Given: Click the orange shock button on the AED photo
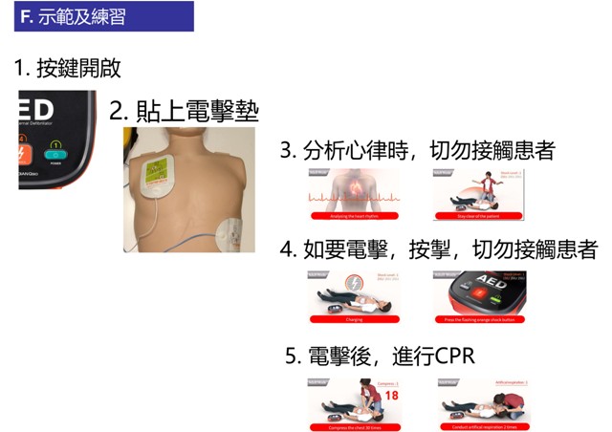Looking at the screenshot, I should click(x=26, y=155).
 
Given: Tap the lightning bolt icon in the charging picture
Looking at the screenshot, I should click(x=354, y=284).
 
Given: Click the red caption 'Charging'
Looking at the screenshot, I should click(x=353, y=318).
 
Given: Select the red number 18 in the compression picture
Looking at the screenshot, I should click(x=390, y=394).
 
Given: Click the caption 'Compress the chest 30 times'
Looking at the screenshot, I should click(x=353, y=426).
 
